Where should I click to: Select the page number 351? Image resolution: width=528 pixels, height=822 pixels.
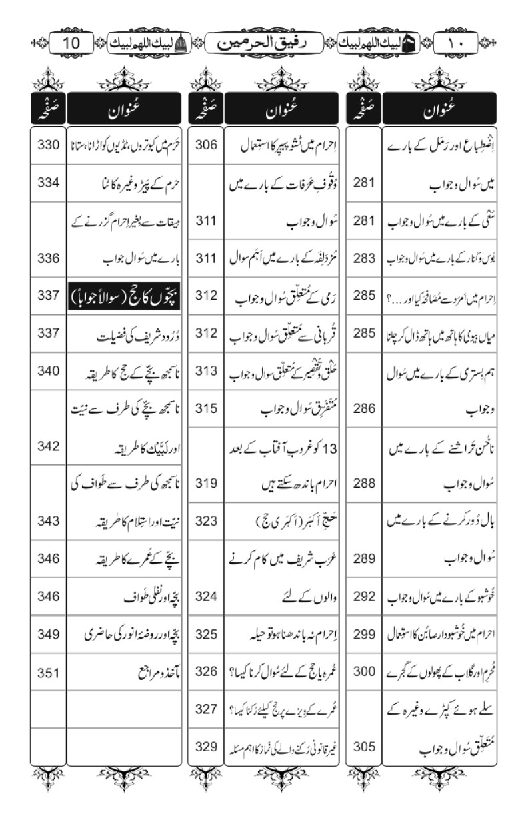pos(48,673)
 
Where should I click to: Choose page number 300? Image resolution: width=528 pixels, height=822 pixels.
pos(364,673)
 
